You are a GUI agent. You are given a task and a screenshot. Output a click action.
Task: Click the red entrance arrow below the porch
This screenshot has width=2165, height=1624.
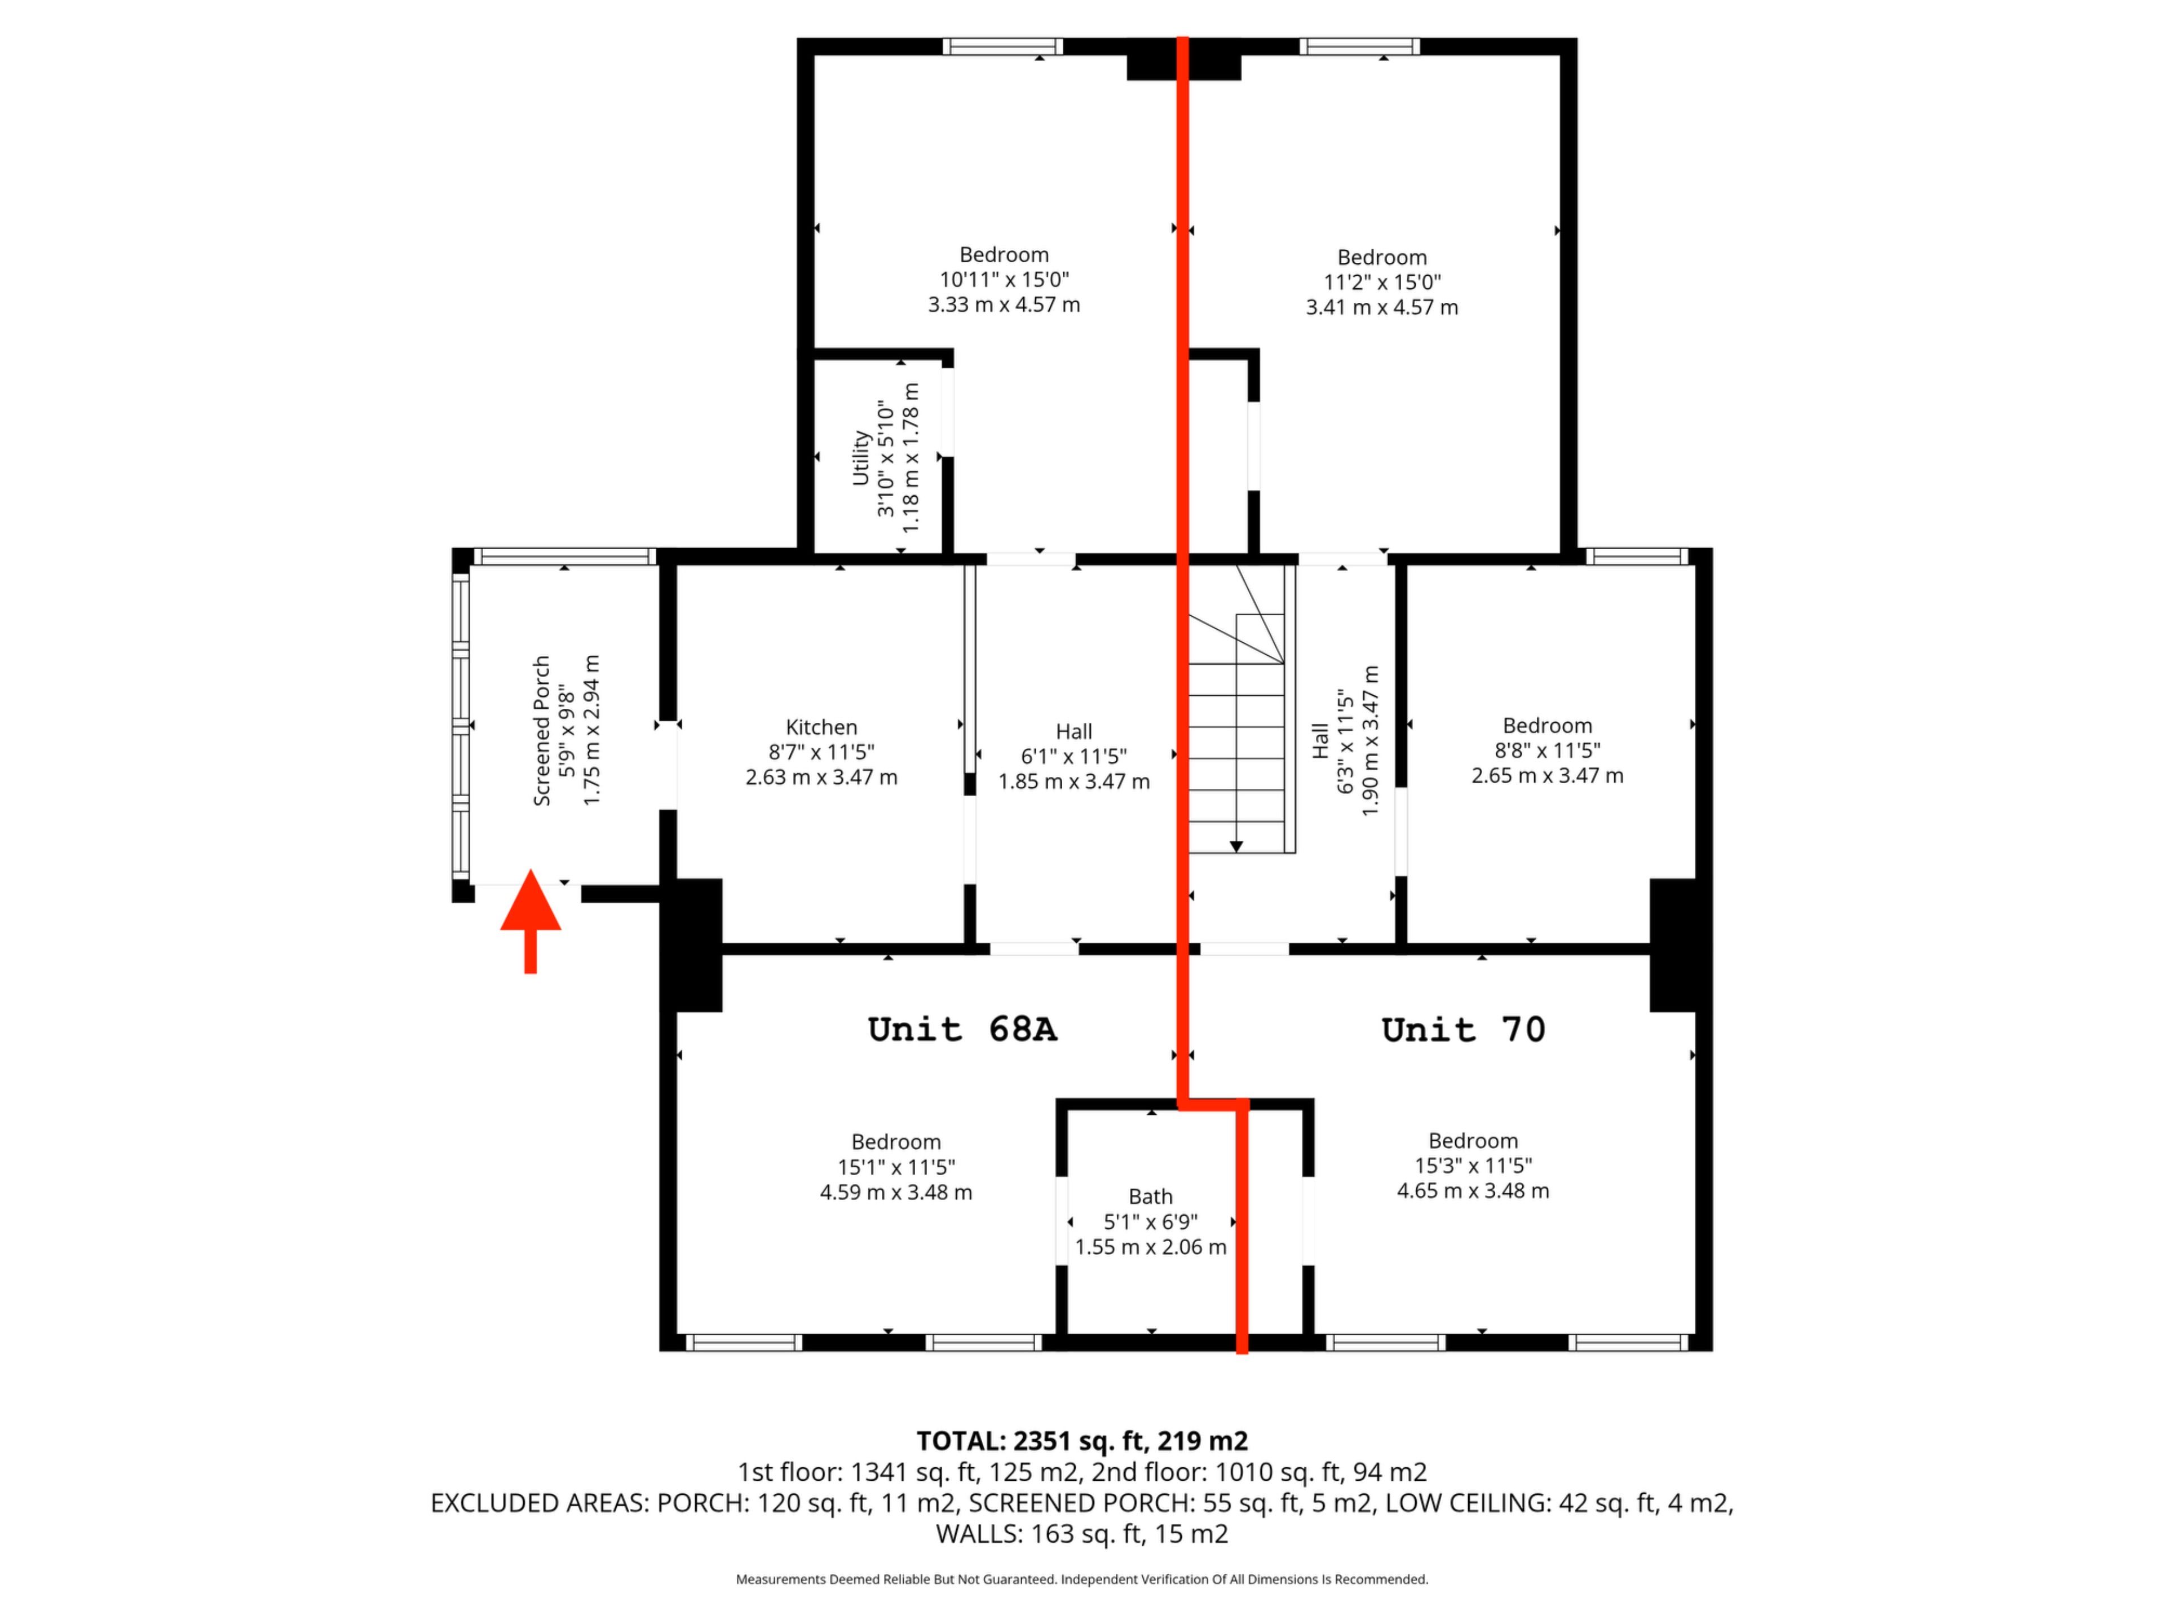[x=531, y=920]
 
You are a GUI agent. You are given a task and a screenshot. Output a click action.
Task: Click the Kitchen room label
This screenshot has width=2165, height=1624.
[x=821, y=727]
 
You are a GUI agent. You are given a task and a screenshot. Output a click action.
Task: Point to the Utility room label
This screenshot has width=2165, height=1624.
[x=861, y=457]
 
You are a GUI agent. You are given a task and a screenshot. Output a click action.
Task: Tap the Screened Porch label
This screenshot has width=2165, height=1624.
[x=541, y=730]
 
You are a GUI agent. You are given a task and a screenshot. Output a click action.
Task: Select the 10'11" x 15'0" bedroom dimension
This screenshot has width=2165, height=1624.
[x=1004, y=280]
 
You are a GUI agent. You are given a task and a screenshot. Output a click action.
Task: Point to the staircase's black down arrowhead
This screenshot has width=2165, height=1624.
[x=1236, y=846]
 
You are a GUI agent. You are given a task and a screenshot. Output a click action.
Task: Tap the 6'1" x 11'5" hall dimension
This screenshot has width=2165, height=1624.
[x=1073, y=757]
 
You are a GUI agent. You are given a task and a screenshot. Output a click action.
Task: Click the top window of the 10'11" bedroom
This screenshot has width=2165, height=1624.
[x=1003, y=46]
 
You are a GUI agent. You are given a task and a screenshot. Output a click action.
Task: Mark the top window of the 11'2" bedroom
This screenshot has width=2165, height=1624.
[x=1359, y=46]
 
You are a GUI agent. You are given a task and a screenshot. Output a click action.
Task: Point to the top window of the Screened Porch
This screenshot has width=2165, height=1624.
[x=565, y=556]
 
